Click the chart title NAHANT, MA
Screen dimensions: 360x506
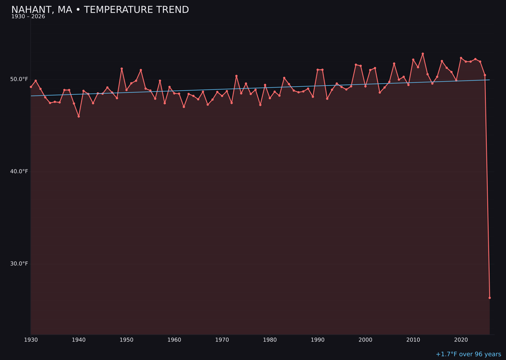[100, 10]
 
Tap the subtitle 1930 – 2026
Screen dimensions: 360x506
[28, 17]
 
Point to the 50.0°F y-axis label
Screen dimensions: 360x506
[20, 79]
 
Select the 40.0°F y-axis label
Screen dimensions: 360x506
[20, 172]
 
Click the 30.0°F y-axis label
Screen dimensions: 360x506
[20, 263]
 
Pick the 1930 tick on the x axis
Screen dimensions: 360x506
[31, 340]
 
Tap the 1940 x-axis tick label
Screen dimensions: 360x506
[79, 340]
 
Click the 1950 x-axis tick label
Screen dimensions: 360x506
[126, 340]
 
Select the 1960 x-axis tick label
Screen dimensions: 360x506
[174, 340]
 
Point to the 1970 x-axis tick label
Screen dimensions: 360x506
[222, 340]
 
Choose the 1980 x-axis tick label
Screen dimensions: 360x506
[270, 340]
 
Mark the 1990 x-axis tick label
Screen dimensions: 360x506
[318, 340]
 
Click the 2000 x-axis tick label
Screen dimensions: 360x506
[365, 340]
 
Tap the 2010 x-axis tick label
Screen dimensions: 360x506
[413, 340]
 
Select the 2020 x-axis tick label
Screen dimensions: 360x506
[461, 340]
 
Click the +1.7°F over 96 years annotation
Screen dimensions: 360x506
[468, 354]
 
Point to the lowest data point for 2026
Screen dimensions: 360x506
[490, 298]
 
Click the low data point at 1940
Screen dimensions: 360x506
[79, 116]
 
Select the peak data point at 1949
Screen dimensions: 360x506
[122, 69]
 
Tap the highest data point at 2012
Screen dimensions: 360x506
[423, 54]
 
